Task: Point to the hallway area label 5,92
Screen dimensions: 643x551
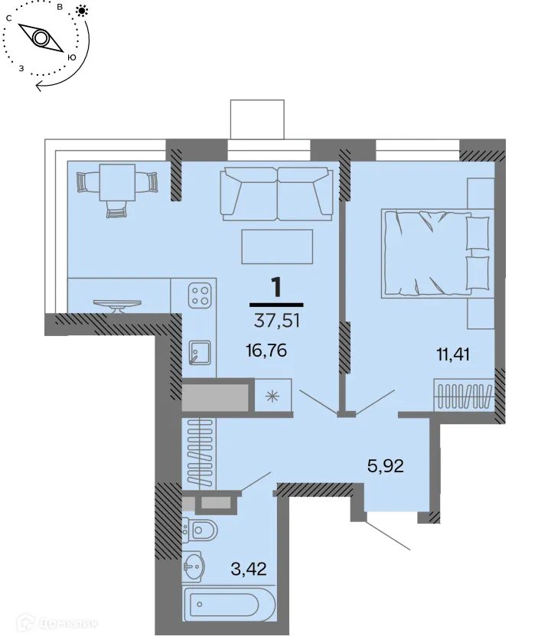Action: [385, 465]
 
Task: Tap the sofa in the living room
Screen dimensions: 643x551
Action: [276, 193]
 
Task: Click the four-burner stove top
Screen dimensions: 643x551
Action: [201, 295]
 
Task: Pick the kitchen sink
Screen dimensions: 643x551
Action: [200, 353]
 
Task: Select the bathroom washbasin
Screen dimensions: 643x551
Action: [194, 567]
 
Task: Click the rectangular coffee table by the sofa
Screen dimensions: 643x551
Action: [277, 246]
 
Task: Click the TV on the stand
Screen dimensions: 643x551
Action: [117, 305]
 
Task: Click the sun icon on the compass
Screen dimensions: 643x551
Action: [82, 11]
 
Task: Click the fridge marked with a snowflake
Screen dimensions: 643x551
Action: [272, 396]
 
